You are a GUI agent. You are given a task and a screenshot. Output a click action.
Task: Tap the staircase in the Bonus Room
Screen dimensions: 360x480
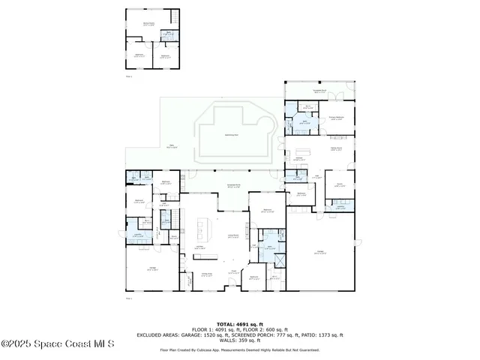175,16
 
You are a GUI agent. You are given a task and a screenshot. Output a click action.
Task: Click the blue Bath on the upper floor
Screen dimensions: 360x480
169,34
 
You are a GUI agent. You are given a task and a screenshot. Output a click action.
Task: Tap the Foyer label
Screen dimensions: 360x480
233,271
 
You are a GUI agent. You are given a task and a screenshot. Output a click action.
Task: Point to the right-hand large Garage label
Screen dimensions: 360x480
320,252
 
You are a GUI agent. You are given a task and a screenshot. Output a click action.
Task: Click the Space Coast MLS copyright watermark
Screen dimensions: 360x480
57,344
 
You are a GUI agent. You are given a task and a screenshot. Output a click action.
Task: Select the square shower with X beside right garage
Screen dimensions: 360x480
279,262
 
